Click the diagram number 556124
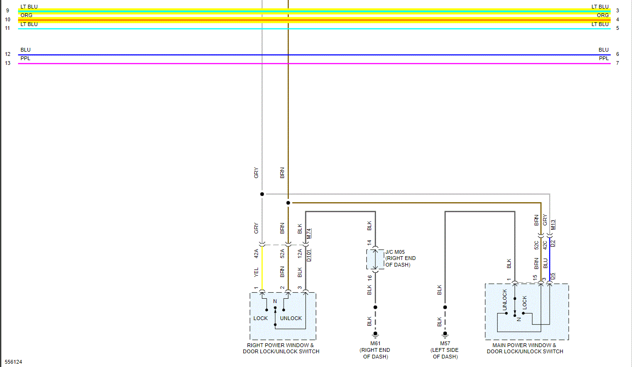click(x=14, y=362)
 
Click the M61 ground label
click(x=375, y=343)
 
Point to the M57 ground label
click(x=445, y=343)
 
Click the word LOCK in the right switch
click(x=260, y=318)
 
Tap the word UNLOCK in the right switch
click(x=291, y=318)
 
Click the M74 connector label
click(x=309, y=233)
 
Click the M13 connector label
click(x=553, y=225)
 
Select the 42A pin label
click(x=256, y=253)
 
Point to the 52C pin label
click(x=536, y=245)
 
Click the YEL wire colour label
click(x=256, y=272)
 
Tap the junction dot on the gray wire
click(x=262, y=194)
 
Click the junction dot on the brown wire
click(x=288, y=203)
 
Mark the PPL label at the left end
click(x=25, y=59)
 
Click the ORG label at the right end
click(x=603, y=16)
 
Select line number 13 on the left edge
click(x=8, y=63)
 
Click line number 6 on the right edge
click(x=617, y=54)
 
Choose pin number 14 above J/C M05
click(x=369, y=242)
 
